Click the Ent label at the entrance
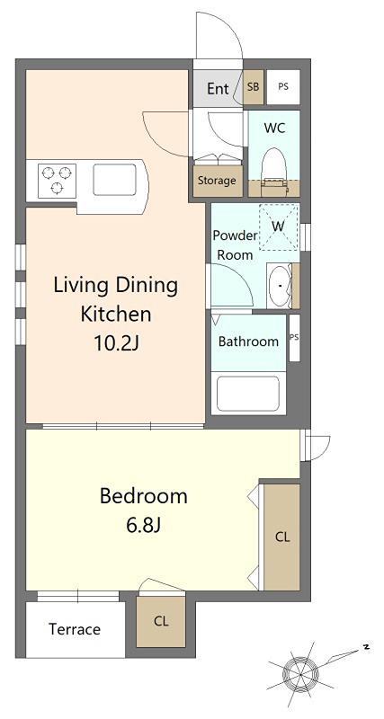218,88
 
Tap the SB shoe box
254,86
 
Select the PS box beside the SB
283,86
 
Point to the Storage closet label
217,181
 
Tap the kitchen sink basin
115,180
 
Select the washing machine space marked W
279,227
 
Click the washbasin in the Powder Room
280,287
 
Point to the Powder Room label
235,245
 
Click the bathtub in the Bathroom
248,394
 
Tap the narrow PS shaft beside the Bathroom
294,338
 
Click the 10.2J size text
116,343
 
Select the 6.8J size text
143,525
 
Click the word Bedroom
144,497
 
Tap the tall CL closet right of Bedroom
281,537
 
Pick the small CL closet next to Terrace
161,622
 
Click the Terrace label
75,629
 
